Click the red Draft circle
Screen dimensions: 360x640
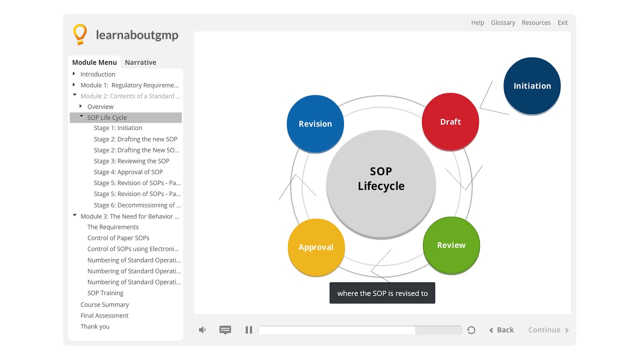[450, 121]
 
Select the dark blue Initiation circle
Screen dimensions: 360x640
[532, 86]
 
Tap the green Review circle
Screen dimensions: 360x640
[451, 245]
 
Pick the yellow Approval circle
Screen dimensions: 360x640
[316, 247]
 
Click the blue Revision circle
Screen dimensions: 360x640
[315, 123]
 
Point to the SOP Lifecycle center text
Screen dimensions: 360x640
[381, 179]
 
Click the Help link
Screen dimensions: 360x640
[477, 22]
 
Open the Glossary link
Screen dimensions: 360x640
[503, 22]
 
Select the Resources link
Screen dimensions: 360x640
[536, 22]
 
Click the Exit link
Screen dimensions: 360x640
[562, 22]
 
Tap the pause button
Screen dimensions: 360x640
[248, 330]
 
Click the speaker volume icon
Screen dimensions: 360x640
[202, 330]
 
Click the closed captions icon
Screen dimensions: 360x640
[225, 330]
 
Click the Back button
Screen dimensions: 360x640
[501, 330]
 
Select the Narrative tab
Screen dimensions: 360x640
[140, 62]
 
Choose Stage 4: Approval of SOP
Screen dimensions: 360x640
[128, 172]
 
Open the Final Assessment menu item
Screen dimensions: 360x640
[104, 315]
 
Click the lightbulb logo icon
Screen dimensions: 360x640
[80, 34]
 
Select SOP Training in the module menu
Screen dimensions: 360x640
[105, 293]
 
